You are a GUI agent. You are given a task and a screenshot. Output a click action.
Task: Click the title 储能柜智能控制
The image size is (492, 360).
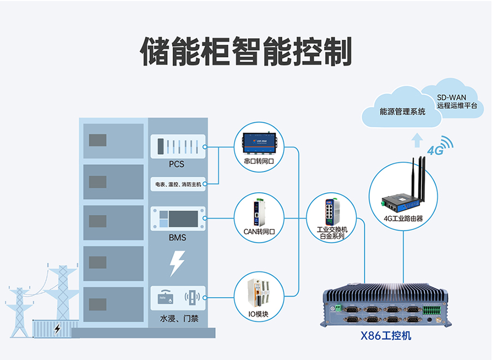pos(246,52)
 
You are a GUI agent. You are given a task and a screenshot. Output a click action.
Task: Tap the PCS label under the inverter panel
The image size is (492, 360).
pos(177,164)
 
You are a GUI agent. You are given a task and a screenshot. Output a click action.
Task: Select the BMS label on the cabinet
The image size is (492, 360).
pos(177,238)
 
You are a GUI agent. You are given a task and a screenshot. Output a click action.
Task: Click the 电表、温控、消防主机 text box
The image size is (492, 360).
pos(178,185)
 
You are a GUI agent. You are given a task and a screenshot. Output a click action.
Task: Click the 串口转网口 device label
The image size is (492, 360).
pos(259,162)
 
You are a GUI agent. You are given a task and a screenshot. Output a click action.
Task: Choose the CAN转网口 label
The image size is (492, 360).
pos(259,232)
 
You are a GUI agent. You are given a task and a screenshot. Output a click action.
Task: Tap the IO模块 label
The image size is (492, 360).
pos(259,314)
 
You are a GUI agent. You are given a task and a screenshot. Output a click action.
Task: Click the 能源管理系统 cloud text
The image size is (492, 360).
pos(402,111)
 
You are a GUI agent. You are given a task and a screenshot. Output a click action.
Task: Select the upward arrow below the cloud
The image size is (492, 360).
pos(417,141)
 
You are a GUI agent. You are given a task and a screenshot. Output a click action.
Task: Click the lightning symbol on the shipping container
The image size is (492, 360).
pos(57,328)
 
